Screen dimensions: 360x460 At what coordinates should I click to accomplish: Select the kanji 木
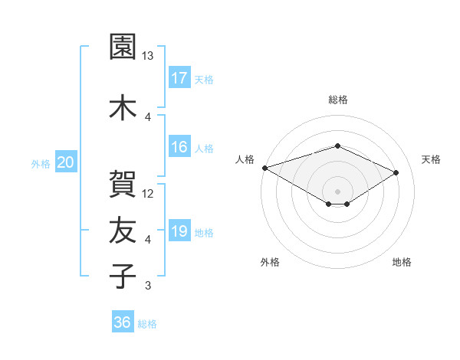click(123, 107)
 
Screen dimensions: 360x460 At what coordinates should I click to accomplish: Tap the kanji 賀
click(123, 185)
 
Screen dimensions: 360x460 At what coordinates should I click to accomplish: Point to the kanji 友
click(123, 230)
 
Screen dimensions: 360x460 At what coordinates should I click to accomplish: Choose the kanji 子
click(123, 275)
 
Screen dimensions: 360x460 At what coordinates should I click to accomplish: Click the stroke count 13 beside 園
click(148, 56)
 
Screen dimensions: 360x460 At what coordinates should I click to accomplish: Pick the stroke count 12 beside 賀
click(148, 194)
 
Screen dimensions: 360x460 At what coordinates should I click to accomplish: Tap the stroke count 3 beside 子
click(148, 286)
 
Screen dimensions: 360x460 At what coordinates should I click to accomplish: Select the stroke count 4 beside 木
click(148, 116)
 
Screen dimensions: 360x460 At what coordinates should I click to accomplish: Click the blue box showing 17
click(179, 77)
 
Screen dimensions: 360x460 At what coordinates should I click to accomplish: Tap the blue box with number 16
click(179, 147)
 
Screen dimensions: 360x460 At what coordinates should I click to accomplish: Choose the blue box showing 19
click(179, 231)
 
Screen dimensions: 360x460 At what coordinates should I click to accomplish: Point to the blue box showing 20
click(66, 162)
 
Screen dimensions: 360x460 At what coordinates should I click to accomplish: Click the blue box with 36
click(122, 322)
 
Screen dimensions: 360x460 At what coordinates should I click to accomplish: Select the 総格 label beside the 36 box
click(147, 324)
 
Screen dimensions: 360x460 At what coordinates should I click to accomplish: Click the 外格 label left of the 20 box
click(41, 163)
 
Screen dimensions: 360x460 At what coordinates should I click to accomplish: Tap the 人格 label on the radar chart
click(245, 159)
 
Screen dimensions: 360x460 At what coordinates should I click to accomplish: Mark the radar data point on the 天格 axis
click(396, 173)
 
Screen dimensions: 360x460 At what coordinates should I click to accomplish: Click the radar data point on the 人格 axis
click(264, 168)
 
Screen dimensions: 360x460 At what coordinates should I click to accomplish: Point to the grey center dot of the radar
click(337, 191)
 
